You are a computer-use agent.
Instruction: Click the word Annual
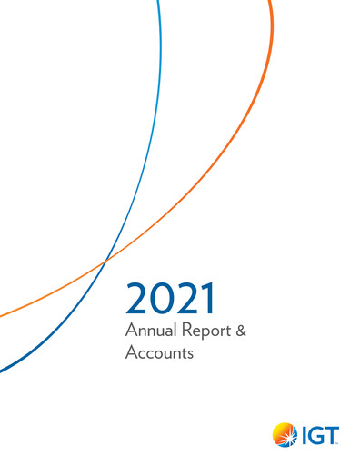146,331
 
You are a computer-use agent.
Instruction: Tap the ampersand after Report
240,331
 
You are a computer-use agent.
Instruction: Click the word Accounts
159,354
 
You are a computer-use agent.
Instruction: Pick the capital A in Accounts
130,354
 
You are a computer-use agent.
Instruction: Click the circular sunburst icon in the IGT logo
285,436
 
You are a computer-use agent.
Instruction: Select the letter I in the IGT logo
302,437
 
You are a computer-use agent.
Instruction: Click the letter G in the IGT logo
314,437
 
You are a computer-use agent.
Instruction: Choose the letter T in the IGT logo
331,437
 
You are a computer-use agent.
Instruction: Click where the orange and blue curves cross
106,261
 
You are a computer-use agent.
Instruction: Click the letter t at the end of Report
219,332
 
